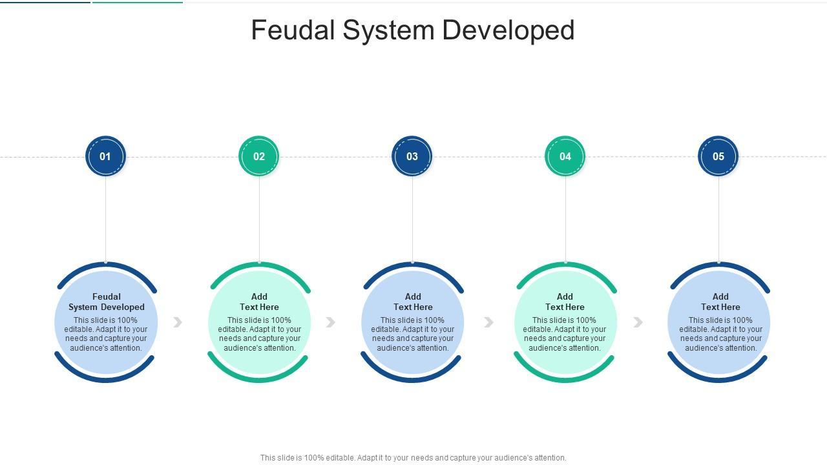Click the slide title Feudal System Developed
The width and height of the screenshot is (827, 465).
tap(413, 30)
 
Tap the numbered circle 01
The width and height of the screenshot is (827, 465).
tap(105, 156)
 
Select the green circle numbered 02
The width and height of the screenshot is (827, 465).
tap(258, 156)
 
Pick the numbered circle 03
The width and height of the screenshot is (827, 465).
tap(412, 156)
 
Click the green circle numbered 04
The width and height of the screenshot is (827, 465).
tap(565, 156)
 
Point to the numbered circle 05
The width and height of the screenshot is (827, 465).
tap(718, 156)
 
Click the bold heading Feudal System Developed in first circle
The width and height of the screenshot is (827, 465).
tap(107, 302)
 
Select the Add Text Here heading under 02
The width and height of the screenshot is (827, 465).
tap(259, 302)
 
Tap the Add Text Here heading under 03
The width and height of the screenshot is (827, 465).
tap(413, 302)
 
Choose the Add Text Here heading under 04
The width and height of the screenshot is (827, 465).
tap(565, 302)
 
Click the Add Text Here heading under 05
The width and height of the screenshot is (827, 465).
tap(720, 302)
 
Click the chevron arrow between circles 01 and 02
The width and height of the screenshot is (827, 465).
tap(178, 322)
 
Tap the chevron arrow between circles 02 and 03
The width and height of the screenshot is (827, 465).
tap(331, 322)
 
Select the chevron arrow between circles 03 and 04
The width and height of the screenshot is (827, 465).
tap(489, 322)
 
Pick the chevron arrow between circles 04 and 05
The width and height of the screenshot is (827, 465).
tap(638, 322)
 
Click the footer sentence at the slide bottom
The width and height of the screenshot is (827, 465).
tap(413, 458)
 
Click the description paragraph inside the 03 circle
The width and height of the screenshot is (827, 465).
tap(413, 334)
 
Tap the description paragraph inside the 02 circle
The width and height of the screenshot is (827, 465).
tap(259, 334)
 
